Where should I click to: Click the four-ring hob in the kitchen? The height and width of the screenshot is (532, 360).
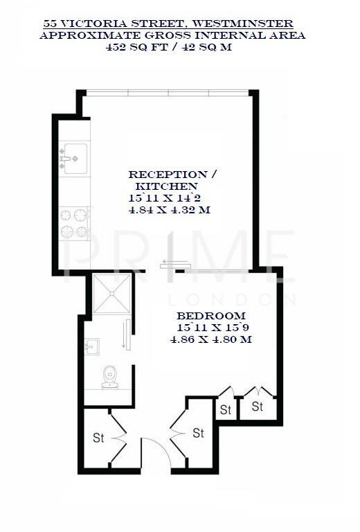(75, 223)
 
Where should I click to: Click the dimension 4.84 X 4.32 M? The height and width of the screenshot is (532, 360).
(169, 210)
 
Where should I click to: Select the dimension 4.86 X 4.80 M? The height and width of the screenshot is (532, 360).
(210, 339)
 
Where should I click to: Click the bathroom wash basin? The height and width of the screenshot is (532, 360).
(91, 344)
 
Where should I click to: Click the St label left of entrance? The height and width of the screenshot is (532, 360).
(98, 438)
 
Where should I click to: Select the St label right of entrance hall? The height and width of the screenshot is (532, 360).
(199, 433)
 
